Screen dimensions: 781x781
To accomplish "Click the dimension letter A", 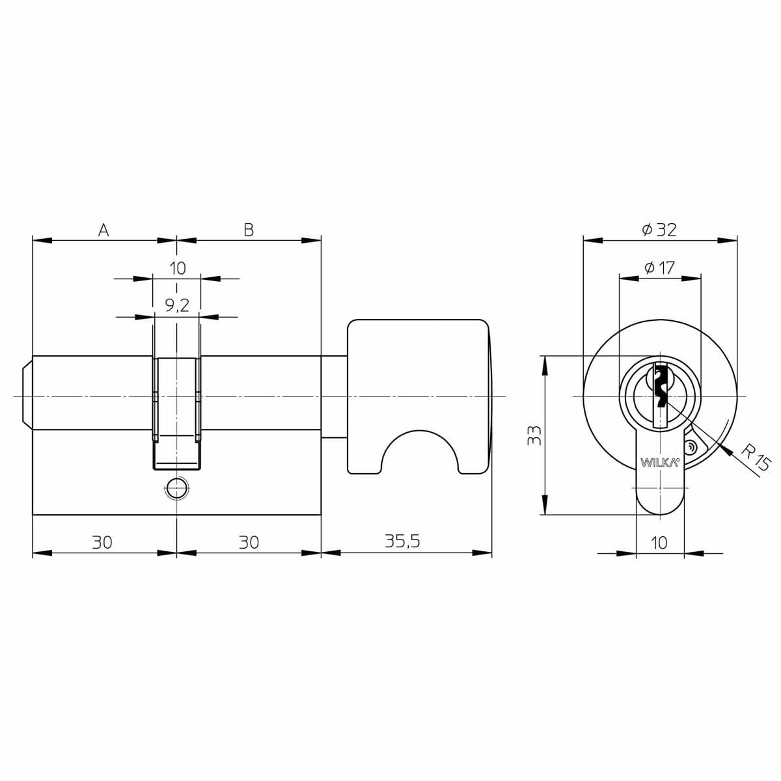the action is pyautogui.click(x=103, y=230).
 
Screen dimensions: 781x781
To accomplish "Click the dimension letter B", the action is pyautogui.click(x=249, y=230).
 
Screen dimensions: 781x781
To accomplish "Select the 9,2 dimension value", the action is pyautogui.click(x=177, y=306).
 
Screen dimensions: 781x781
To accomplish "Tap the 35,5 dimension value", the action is pyautogui.click(x=402, y=541).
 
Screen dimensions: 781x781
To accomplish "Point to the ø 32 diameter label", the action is pyautogui.click(x=659, y=230).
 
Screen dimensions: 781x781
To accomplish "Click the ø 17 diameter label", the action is pyautogui.click(x=660, y=267).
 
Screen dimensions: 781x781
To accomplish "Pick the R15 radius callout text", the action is pyautogui.click(x=755, y=458).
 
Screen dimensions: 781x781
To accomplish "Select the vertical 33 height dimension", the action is pyautogui.click(x=534, y=435).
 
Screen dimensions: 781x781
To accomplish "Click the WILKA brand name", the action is pyautogui.click(x=659, y=463).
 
